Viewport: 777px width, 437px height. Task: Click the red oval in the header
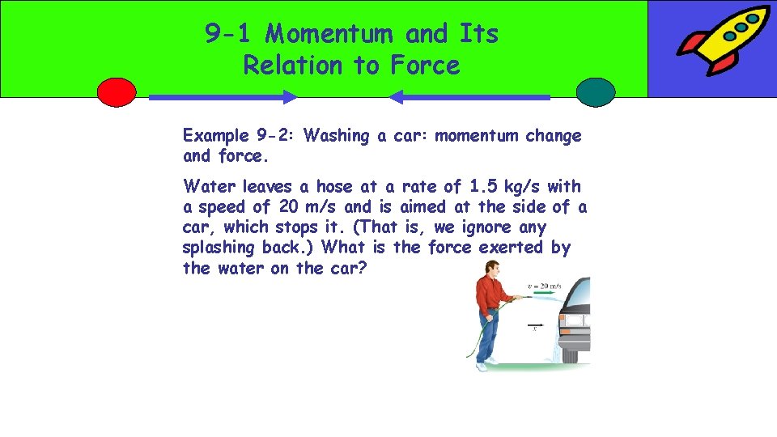117,92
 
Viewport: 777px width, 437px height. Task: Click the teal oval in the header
596,92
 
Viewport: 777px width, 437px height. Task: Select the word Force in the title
425,65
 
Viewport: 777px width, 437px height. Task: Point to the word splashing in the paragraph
221,248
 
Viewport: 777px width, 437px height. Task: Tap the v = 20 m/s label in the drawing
545,286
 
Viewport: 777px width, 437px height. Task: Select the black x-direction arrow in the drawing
533,326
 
